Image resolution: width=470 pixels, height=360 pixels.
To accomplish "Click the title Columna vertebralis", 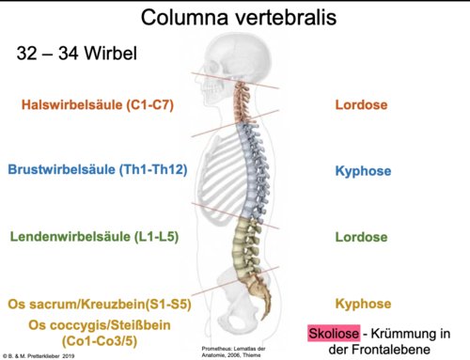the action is pos(239,17).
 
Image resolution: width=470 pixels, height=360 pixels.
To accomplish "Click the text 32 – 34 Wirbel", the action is pos(77,53).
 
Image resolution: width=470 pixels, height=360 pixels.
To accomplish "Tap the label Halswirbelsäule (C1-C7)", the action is pos(98,104).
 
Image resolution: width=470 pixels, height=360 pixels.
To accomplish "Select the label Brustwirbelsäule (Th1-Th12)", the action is pos(98,169).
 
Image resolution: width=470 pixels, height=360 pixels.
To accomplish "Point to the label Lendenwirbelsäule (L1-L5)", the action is pos(94,236).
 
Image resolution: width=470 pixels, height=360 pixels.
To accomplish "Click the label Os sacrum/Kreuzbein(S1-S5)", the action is pos(100,304).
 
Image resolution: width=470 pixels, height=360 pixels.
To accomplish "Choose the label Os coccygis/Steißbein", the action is pos(100,325).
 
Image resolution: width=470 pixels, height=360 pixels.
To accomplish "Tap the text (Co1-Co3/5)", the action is pos(100,341).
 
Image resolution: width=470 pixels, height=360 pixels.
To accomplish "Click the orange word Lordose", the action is pos(361,104).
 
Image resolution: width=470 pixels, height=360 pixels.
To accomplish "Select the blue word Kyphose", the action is pos(363,171).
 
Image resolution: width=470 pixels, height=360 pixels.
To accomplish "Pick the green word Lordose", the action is pos(361,237).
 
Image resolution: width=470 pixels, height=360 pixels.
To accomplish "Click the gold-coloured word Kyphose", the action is pos(363,304).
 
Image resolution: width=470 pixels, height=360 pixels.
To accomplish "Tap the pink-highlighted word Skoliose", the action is pos(334,333).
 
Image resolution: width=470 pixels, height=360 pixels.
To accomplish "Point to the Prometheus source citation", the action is pos(233,352).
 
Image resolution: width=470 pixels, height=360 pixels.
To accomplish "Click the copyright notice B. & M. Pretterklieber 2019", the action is pos(39,356).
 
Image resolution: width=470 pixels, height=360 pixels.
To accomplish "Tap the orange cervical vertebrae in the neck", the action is pos(243,102).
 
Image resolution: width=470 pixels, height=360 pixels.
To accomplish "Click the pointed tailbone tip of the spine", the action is pos(267,318).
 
